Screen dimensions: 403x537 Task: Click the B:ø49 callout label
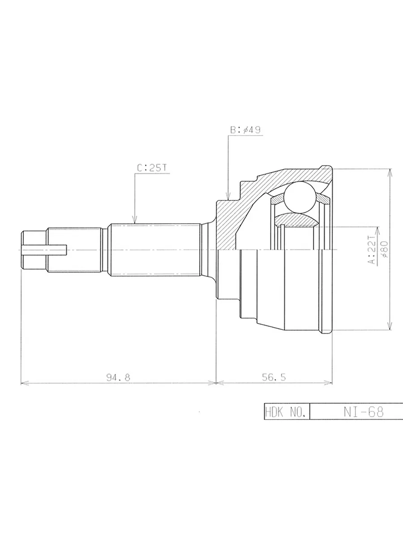pyautogui.click(x=245, y=130)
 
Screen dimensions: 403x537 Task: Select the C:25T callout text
pyautogui.click(x=152, y=168)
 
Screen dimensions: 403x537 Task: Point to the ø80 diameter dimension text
pyautogui.click(x=384, y=249)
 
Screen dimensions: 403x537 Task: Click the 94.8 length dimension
pyautogui.click(x=118, y=378)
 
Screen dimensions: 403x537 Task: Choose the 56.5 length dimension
pyautogui.click(x=274, y=378)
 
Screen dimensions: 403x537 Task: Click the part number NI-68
pyautogui.click(x=364, y=412)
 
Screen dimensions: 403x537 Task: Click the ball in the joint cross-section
pyautogui.click(x=299, y=197)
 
